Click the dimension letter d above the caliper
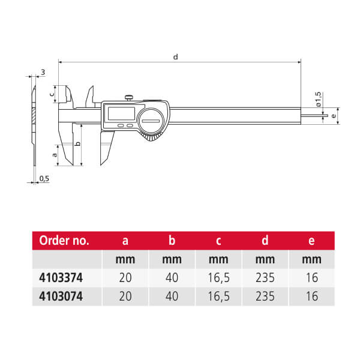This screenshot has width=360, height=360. click(175, 56)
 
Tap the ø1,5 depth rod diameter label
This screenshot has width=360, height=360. click(318, 99)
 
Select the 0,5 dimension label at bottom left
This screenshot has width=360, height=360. click(44, 178)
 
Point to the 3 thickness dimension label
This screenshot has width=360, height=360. click(43, 73)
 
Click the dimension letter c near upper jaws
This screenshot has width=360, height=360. click(52, 94)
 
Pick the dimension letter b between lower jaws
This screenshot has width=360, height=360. click(78, 143)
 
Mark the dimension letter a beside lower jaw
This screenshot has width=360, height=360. click(55, 155)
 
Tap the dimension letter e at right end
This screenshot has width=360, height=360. click(334, 116)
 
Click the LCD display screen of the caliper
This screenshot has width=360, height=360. click(121, 113)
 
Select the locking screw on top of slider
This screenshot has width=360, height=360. click(129, 98)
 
